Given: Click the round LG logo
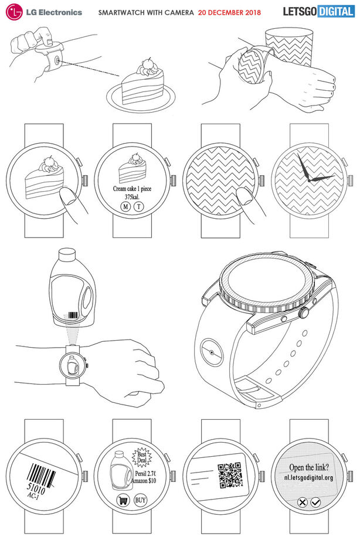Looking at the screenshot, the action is tap(14, 12).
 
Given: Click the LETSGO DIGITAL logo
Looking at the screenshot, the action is tap(318, 11).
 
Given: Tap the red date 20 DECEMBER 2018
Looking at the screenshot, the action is tap(229, 13).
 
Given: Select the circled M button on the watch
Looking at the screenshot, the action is tap(125, 206).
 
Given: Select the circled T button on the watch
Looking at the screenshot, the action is tap(139, 206).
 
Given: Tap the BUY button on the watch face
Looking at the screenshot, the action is tap(140, 500).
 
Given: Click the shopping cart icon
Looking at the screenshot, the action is tap(123, 500).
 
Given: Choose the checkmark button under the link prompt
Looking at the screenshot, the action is tap(315, 502).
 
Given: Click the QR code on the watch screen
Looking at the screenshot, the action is tap(230, 476).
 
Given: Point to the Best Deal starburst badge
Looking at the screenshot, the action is tap(141, 457).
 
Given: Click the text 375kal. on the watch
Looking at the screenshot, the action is tap(133, 196).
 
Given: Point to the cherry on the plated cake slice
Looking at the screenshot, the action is tap(147, 62).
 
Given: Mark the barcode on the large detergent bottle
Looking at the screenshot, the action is tap(73, 315).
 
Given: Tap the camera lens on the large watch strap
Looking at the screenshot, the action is tap(212, 352).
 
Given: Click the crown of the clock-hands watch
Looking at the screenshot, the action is tap(350, 180).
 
